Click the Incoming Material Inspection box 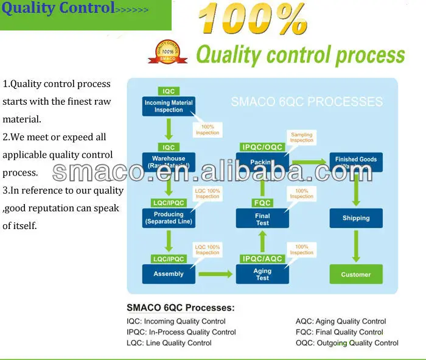coord(169,107)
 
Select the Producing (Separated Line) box coord(169,218)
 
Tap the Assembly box coord(169,274)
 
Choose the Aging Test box coord(262,274)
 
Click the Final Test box coord(262,219)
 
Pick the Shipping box coord(356,218)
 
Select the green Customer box coord(356,274)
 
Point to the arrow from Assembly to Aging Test coord(215,274)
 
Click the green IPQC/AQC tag coord(262,259)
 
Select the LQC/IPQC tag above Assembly coord(169,259)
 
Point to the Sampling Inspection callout coord(301,137)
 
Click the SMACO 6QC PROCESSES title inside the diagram coord(307,102)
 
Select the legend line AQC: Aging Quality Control coord(341,321)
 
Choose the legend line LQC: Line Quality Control coord(169,343)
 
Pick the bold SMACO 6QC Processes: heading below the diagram coord(180,308)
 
